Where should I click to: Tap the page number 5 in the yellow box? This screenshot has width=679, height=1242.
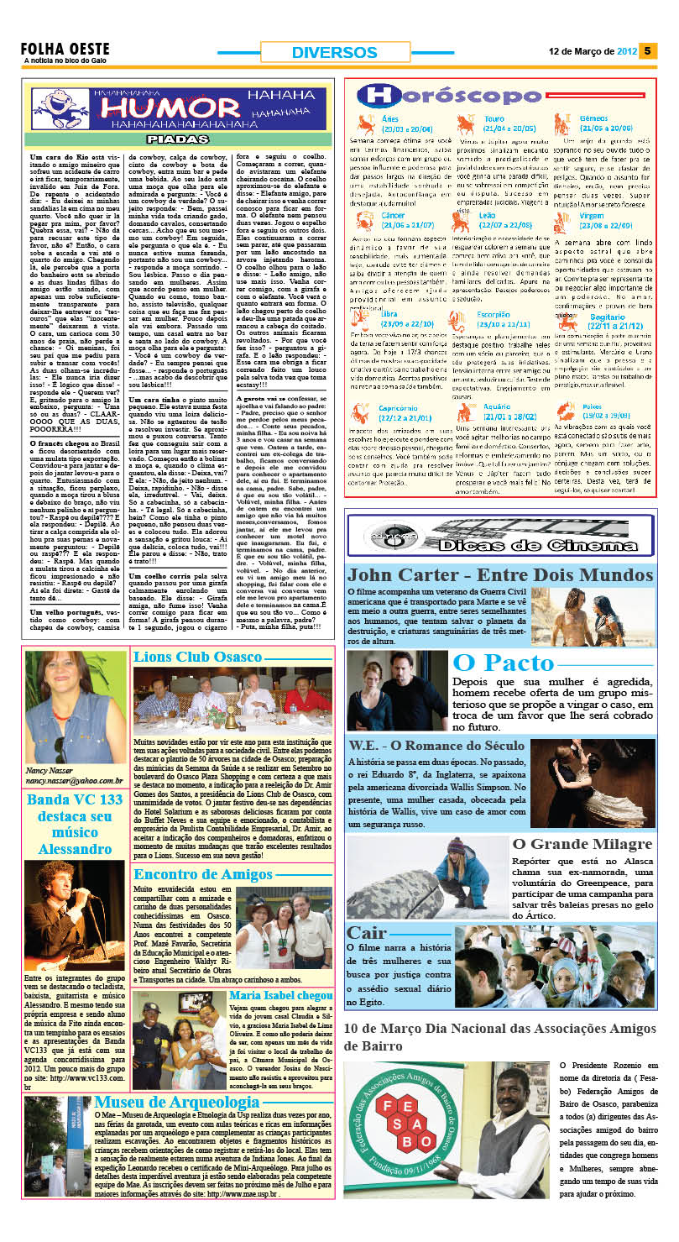tap(647, 50)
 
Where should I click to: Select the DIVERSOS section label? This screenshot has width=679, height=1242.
tap(334, 52)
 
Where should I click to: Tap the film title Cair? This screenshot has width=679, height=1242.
tap(367, 933)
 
